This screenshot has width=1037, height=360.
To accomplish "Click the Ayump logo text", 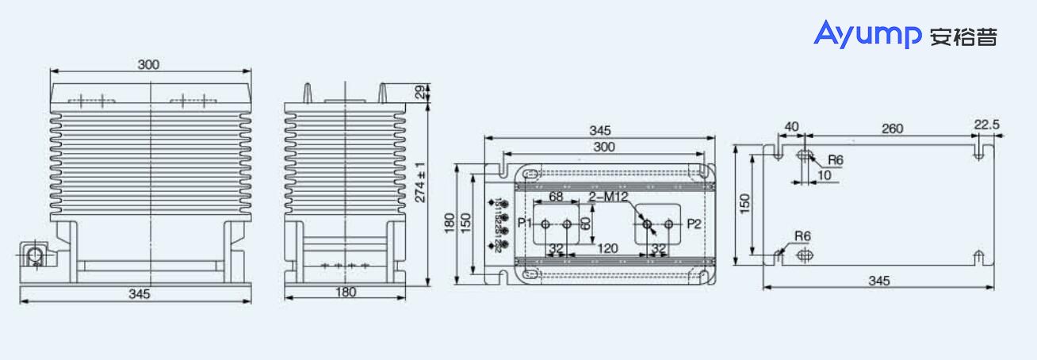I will (867, 34).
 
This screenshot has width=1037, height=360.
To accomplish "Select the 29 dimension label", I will (420, 91).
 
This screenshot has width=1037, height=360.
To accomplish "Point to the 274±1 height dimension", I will (420, 182).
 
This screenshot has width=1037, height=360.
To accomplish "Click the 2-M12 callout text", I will (608, 196).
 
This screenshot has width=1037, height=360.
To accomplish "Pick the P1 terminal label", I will (525, 224).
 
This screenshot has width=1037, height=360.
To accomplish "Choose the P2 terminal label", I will (694, 224).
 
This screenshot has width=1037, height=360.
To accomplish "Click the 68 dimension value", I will (555, 196).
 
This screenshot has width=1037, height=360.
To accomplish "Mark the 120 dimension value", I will (607, 248).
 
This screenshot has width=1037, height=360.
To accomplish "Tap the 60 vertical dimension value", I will (585, 224).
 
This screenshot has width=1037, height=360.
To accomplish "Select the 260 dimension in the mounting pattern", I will (892, 129).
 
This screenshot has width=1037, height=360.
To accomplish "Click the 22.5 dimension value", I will (987, 124).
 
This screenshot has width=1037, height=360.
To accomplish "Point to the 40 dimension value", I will (791, 127).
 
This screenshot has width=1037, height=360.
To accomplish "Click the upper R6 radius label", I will (836, 159).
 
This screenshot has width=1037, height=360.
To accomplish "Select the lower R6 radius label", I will (802, 236).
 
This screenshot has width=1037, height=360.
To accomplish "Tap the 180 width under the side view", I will (346, 292).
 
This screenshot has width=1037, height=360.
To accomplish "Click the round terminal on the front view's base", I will (35, 256).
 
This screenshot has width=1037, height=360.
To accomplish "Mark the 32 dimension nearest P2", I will (658, 248).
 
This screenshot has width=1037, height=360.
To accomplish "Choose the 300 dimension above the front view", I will (148, 64).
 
